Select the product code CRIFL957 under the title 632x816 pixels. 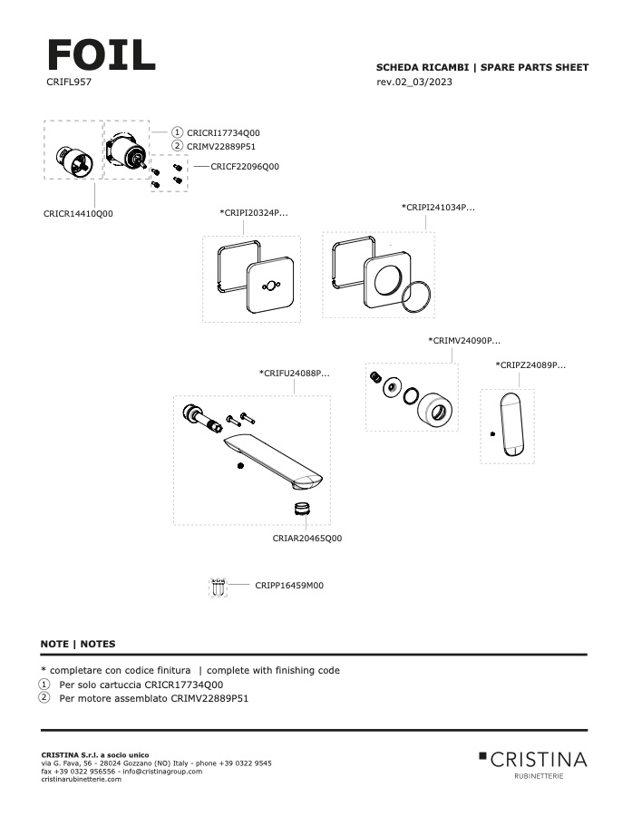pos(69,82)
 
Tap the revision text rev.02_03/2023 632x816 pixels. pos(413,83)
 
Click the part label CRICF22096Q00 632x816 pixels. pos(245,167)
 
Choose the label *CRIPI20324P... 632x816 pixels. pos(255,213)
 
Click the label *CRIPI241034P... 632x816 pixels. pos(438,208)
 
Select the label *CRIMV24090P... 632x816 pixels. pos(464,341)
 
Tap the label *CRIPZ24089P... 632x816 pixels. pos(530,365)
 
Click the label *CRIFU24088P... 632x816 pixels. pos(294,373)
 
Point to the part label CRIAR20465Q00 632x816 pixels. pos(307,539)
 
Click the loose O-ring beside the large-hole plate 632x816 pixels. pos(416,296)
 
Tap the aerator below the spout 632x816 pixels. pos(305,508)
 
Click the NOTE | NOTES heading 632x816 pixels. pos(78,644)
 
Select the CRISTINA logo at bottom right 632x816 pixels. pos(533,760)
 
